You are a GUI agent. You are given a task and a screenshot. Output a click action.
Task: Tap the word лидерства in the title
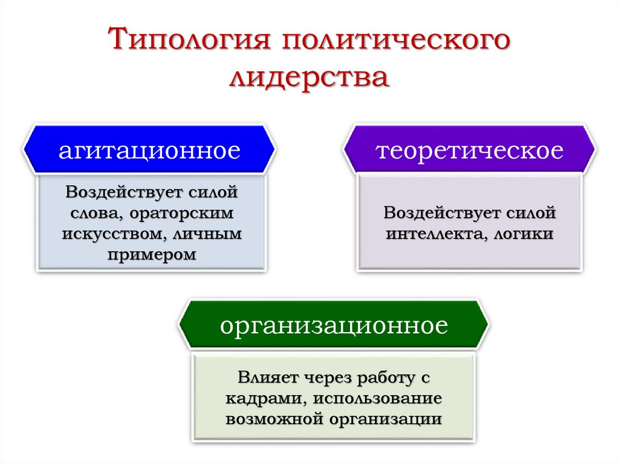[309, 79]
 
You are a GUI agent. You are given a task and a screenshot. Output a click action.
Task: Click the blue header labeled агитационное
[149, 150]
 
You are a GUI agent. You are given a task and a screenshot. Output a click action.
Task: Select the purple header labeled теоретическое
[470, 150]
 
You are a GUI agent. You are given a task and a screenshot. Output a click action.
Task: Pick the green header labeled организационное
[334, 326]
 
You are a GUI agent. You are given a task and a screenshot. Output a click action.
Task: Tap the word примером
[152, 255]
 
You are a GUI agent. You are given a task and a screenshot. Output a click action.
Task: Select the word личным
[207, 234]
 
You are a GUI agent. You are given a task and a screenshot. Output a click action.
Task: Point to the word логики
[525, 234]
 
